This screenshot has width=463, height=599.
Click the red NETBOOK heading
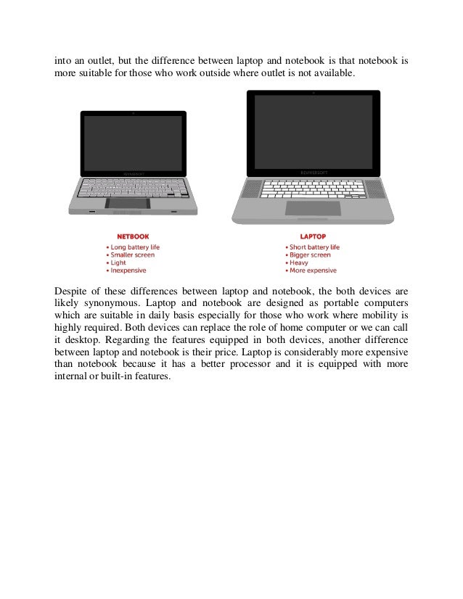coord(131,236)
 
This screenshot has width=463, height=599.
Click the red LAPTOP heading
coord(312,236)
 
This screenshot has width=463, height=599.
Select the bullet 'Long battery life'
coord(135,247)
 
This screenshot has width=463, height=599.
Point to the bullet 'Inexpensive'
coord(128,270)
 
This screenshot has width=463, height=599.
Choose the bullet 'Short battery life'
coord(314,247)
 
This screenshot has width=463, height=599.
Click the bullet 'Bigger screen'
coord(309,255)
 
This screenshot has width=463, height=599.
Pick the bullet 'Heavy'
coord(299,263)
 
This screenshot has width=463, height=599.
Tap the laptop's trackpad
coord(312,208)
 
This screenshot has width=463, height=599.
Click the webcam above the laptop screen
coord(313,94)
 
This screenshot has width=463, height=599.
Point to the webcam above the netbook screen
coord(133,114)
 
